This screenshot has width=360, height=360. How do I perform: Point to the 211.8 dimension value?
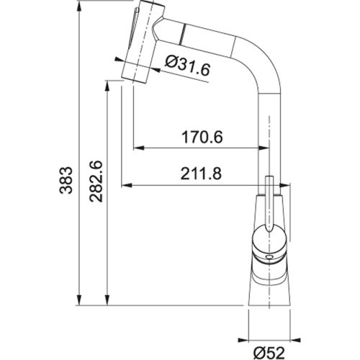click(x=196, y=174)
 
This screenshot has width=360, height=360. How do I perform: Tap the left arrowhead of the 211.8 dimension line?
click(x=124, y=186)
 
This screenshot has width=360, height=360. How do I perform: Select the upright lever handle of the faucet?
click(x=269, y=205)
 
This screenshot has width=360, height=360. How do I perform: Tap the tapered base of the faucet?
click(x=270, y=288)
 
